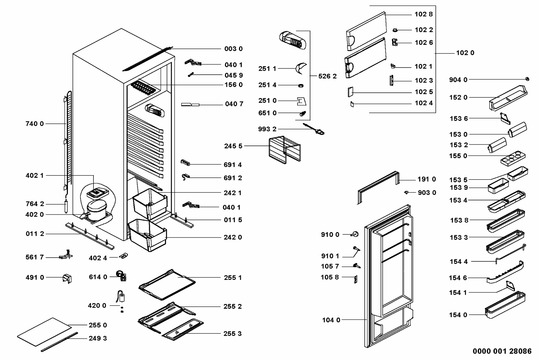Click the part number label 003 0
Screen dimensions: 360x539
tap(233, 49)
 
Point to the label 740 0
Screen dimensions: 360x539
tap(34, 124)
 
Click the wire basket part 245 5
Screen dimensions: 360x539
tap(284, 149)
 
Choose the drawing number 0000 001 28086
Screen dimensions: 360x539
tap(502, 351)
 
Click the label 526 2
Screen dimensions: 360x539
tap(327, 76)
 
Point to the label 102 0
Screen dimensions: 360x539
tap(465, 53)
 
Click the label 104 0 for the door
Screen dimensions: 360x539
tap(331, 320)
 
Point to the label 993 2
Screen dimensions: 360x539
tap(267, 129)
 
